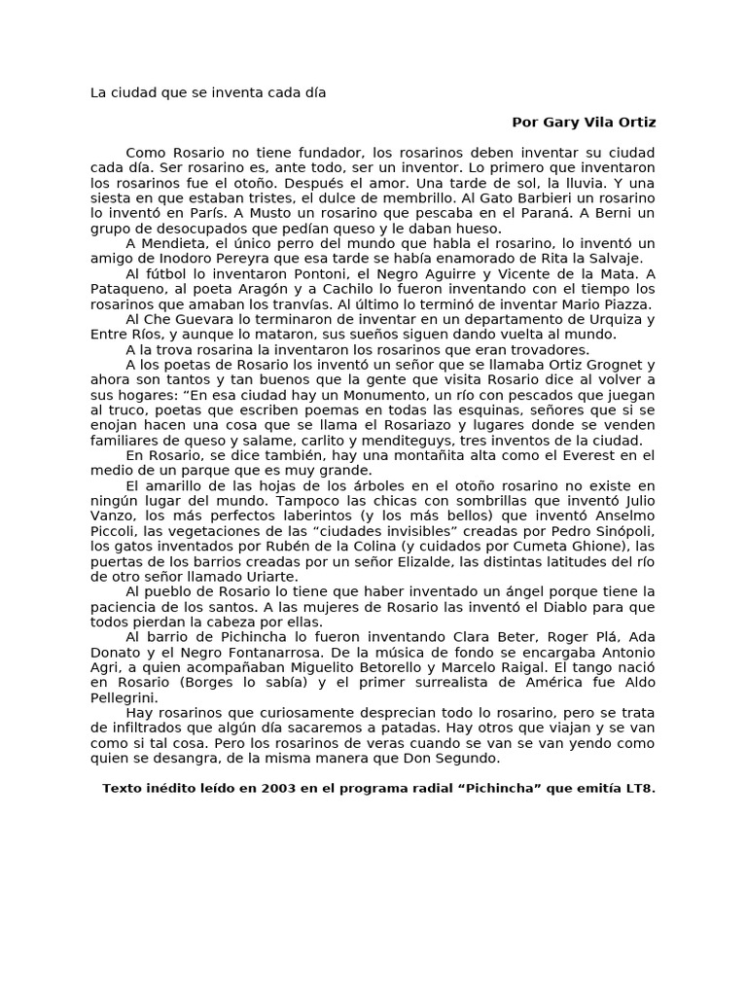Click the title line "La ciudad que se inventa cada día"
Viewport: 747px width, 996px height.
coord(208,93)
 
